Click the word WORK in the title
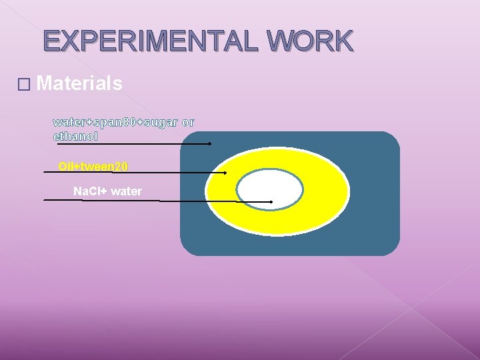(x=309, y=41)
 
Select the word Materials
(x=80, y=83)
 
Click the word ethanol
(x=75, y=136)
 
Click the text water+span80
(x=96, y=123)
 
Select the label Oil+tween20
(x=93, y=166)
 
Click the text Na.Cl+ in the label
(x=89, y=191)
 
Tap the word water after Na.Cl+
(x=127, y=191)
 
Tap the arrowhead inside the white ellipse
(x=271, y=201)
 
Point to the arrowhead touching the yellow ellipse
(x=225, y=173)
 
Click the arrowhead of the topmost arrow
(x=209, y=143)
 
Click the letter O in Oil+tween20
(x=63, y=166)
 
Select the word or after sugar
(x=188, y=123)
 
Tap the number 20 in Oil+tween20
(x=121, y=166)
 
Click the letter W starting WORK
(x=279, y=41)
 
